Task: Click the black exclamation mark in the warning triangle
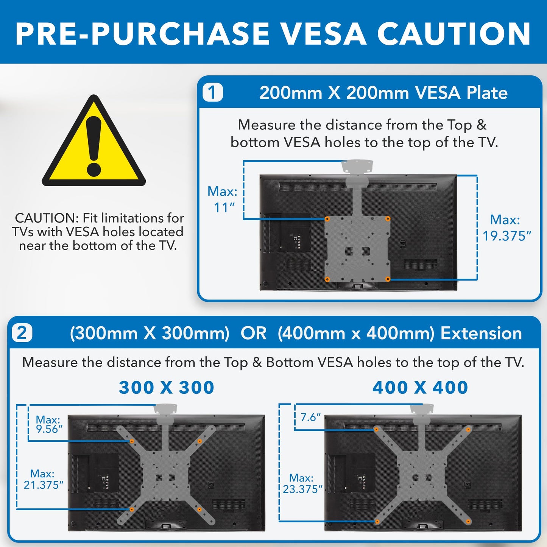pos(94,146)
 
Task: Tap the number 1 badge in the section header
pos(212,92)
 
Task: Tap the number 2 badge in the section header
pos(22,333)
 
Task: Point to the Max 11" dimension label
pos(223,199)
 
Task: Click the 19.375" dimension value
pos(507,236)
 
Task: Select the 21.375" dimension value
pos(44,485)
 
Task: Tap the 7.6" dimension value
pos(310,417)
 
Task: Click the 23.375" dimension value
pos(302,489)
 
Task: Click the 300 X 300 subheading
pos(167,388)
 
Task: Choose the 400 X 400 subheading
pos(420,388)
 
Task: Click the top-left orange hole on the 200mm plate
pos(327,219)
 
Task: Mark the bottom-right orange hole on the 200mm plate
pos(388,279)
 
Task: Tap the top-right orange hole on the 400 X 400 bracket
pos(468,430)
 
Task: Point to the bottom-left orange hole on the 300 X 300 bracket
pos(132,510)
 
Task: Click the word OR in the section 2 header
pos(254,333)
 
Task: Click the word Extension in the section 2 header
pos(481,333)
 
